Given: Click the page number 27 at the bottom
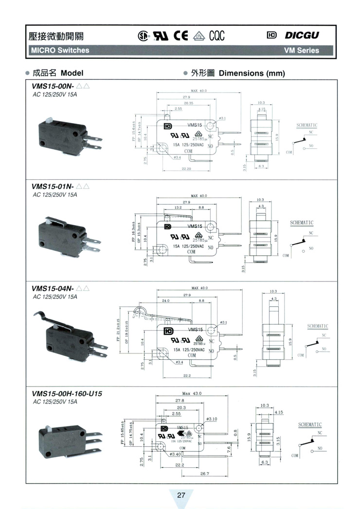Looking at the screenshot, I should coord(181,495).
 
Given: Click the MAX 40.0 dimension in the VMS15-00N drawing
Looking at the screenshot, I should coord(198,91).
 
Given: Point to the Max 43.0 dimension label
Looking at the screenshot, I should coord(192,393).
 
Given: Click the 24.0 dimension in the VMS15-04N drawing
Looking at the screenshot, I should coord(165,301).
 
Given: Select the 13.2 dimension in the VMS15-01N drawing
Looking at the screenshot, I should coord(178,207).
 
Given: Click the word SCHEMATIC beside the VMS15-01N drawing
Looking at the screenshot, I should coord(302,223).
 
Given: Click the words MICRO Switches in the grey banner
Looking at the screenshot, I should coord(60,50).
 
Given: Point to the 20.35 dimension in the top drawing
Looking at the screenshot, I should coord(188,103).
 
